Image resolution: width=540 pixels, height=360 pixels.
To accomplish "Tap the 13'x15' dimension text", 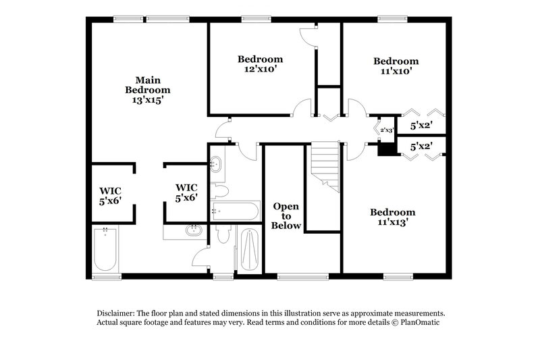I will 148,99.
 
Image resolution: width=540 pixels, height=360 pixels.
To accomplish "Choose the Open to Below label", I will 286,215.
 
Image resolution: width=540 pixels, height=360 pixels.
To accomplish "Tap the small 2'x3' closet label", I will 386,129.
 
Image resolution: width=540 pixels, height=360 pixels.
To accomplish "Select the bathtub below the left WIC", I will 106,250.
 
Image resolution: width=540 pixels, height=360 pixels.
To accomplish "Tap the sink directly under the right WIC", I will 194,230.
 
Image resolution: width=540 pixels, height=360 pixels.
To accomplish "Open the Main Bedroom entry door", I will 223,128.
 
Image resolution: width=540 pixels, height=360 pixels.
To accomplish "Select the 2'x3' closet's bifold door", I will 375,128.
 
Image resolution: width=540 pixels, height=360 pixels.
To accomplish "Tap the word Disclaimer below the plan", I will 113,313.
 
